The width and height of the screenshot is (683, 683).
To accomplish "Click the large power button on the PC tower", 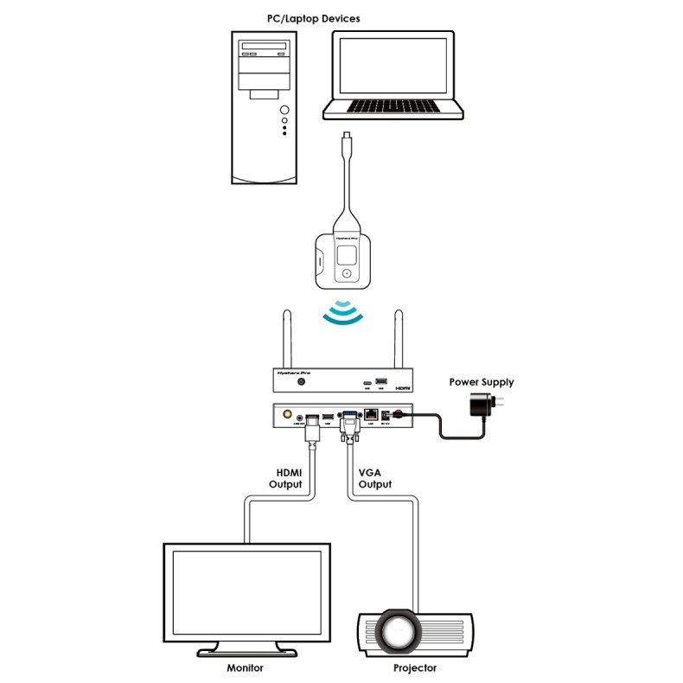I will pyautogui.click(x=284, y=111).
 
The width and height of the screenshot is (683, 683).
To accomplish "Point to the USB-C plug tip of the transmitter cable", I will pyautogui.click(x=346, y=136).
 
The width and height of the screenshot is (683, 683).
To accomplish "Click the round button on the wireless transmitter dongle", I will pyautogui.click(x=348, y=273).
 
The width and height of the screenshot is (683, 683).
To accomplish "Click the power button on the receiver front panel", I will pyautogui.click(x=302, y=381).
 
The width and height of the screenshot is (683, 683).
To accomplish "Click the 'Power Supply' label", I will pyautogui.click(x=482, y=381).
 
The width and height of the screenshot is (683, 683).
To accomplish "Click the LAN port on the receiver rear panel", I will pyautogui.click(x=373, y=415).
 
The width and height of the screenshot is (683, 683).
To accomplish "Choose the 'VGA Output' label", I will pyautogui.click(x=374, y=478).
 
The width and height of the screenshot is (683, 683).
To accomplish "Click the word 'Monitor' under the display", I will pyautogui.click(x=245, y=667).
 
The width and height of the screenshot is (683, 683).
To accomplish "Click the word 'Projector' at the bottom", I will pyautogui.click(x=415, y=667).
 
